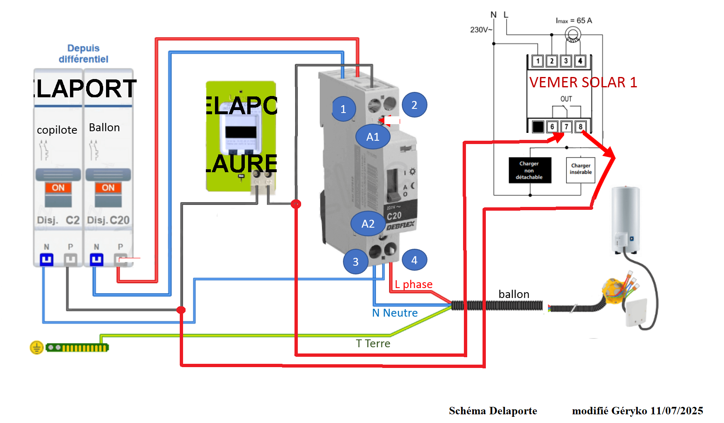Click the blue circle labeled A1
373,137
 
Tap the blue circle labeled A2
368,224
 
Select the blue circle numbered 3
355,262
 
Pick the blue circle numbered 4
414,260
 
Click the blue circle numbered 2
414,105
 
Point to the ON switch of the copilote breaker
58,188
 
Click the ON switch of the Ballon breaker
108,188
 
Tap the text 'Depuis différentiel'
83,54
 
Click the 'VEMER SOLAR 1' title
583,82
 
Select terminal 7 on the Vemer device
566,127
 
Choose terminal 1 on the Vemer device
538,61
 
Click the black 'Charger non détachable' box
530,170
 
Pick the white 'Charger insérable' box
580,170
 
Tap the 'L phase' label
413,284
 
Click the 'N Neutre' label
395,313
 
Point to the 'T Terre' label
373,344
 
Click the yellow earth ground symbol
36,348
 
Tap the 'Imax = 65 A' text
574,21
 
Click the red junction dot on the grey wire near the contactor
296,204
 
